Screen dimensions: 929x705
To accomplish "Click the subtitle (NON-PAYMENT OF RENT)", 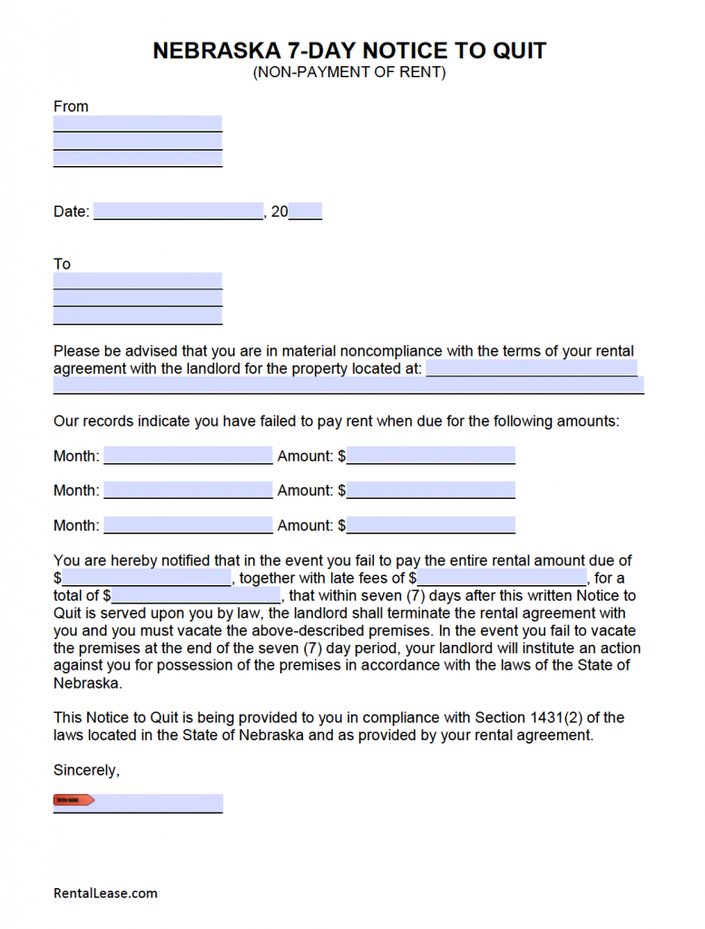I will (x=349, y=73).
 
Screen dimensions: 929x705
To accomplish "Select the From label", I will (x=71, y=106).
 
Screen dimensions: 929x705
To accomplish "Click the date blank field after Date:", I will (x=178, y=211).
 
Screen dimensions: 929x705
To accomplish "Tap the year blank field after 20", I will (x=306, y=211).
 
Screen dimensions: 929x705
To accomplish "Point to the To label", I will (x=62, y=264).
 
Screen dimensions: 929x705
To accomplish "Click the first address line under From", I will (x=138, y=123).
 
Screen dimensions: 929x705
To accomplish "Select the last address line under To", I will (x=138, y=316).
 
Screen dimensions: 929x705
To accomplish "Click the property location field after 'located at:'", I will (x=532, y=368).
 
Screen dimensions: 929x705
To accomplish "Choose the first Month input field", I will (x=188, y=455).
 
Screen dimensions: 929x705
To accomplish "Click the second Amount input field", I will (x=431, y=490).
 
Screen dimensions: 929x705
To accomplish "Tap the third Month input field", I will (x=188, y=524).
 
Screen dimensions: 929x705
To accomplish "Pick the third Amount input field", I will (x=431, y=524).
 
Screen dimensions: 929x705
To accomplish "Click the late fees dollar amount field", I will (x=502, y=578).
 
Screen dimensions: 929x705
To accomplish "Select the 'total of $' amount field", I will (x=196, y=596).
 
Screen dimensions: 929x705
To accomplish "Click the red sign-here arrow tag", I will (x=73, y=800).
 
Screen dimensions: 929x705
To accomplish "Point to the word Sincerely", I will (x=86, y=770).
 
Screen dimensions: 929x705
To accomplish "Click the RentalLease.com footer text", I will (x=105, y=894).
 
